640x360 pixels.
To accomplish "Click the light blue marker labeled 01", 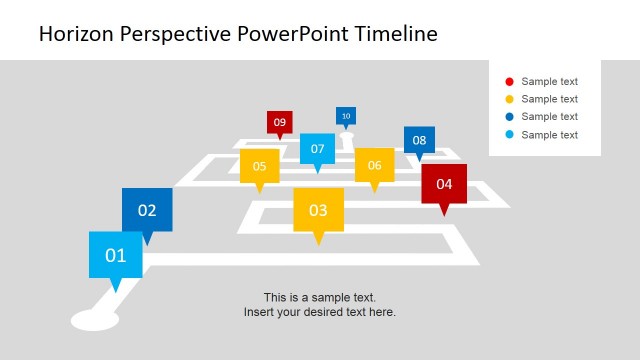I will coord(116,255).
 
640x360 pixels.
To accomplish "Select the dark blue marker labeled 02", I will coord(147,210).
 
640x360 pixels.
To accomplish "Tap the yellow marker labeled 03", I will coord(318,210).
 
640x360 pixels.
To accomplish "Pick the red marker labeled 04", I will coord(444,184).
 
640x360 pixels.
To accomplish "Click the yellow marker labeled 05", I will coord(259,166).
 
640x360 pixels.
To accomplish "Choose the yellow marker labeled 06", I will coord(374,165).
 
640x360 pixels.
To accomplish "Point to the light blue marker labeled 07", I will coord(317,149).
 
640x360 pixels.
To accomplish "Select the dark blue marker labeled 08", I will coord(419,140).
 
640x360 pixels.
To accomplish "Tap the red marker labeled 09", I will coord(279,122).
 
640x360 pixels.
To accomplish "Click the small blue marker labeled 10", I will coord(346,116).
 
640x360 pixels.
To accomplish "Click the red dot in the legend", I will coord(509,82).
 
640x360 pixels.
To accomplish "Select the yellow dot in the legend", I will coord(509,99).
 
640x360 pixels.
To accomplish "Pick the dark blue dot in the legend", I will coord(509,117).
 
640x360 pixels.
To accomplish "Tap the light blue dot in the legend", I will coord(509,135).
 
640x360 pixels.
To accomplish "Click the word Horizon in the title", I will coord(76,34).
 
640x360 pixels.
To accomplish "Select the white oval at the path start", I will coord(95,320).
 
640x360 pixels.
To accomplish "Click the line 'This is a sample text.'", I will coord(320,297).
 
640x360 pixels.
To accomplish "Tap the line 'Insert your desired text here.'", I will coord(320,312).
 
